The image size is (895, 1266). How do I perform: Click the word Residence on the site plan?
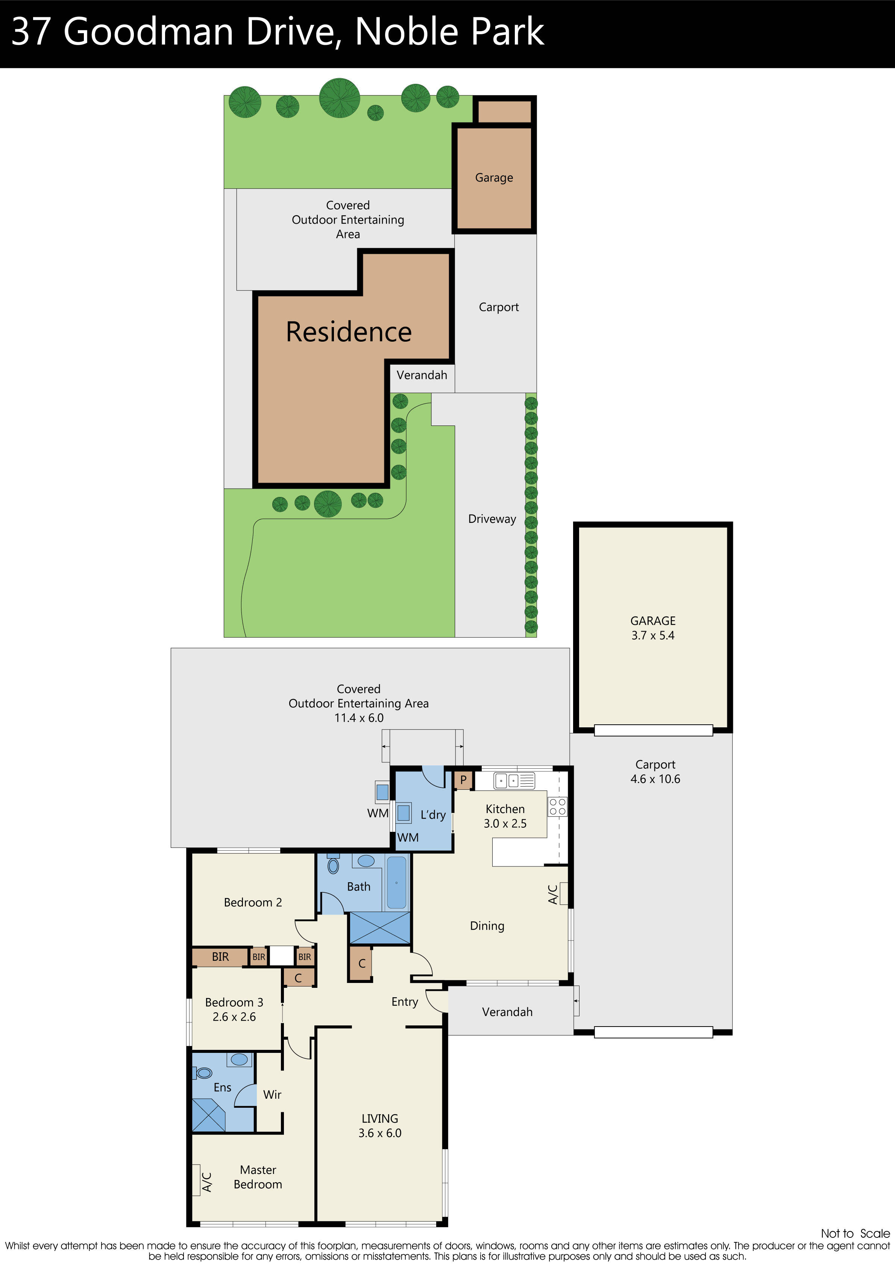349,332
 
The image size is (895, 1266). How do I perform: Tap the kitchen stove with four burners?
557,807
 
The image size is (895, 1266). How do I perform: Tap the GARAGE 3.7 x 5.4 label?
653,628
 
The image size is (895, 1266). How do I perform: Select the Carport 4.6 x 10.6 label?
655,771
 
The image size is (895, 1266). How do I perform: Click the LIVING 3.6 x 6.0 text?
380,1125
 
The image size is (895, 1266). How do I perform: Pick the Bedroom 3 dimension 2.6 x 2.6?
234,1017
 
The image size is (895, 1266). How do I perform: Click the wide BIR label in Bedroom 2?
220,957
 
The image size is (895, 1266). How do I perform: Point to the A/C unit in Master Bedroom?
196,1180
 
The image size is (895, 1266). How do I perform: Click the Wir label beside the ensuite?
272,1095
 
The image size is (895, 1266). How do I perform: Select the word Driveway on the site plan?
491,519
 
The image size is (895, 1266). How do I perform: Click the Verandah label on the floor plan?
507,1012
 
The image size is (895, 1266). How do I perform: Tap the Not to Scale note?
855,1233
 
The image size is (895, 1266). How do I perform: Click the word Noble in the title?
398,32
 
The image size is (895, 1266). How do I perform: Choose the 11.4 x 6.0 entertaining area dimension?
359,718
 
